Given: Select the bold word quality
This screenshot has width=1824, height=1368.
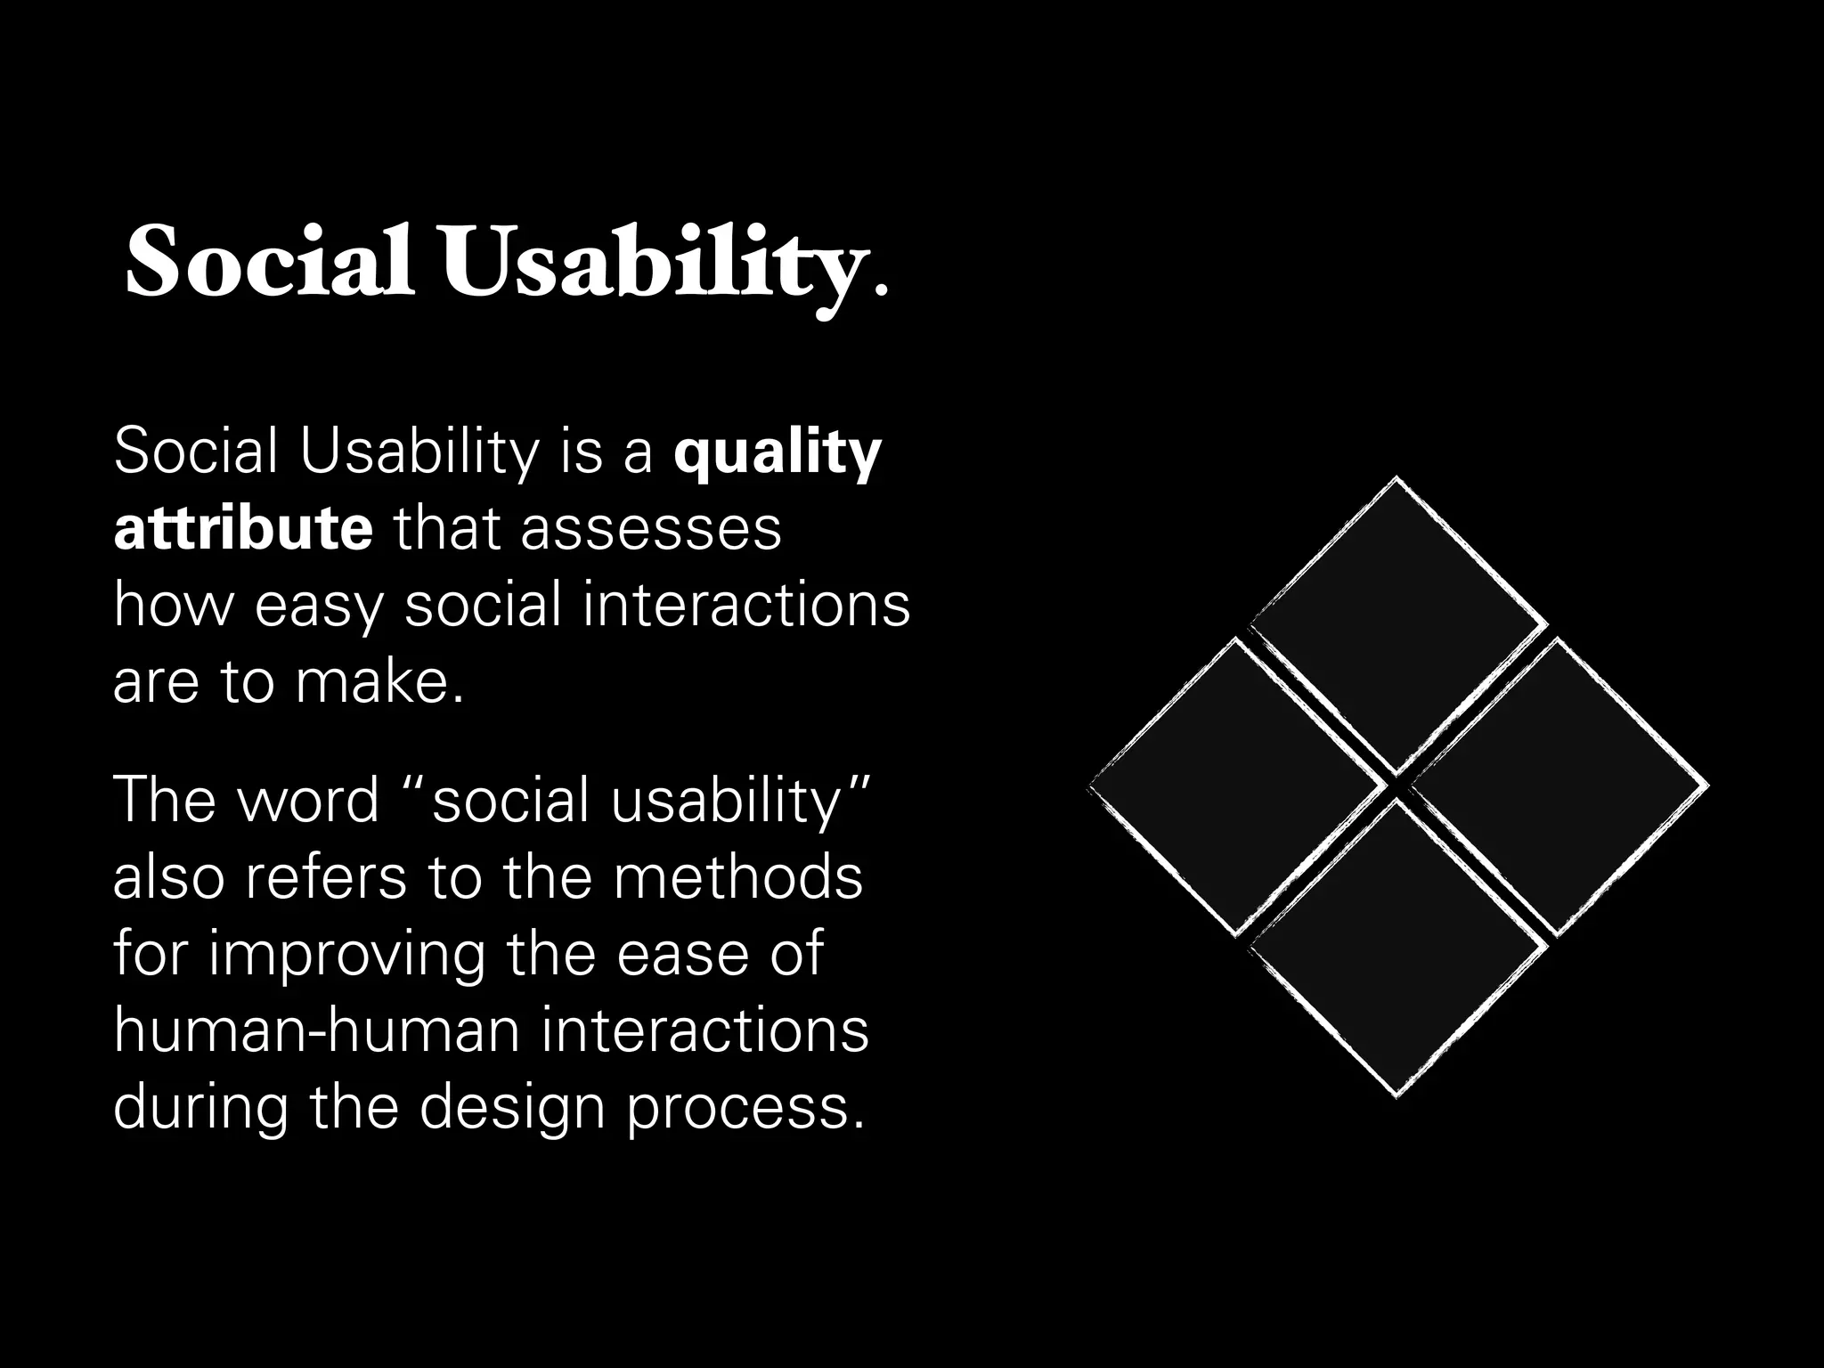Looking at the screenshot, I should [777, 454].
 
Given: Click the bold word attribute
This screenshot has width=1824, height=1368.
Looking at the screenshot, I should [242, 529].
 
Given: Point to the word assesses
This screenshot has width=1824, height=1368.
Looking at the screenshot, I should [650, 529].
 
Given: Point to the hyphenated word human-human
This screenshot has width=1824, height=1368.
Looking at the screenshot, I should [316, 1030].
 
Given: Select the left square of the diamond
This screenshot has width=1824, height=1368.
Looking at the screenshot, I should [1236, 786].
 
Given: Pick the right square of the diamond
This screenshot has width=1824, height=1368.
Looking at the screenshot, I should [1557, 786].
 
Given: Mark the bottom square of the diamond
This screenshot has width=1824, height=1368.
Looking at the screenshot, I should [1396, 946].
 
